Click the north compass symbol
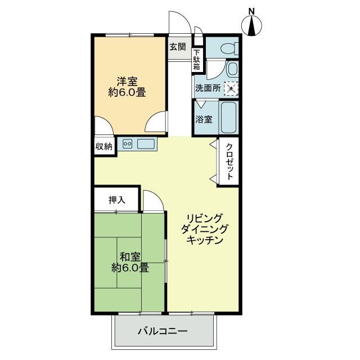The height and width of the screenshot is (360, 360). point(252,25)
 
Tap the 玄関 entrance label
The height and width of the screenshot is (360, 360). point(178,47)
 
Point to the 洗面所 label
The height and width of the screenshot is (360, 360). point(208,88)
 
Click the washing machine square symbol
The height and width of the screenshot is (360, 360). point(230,88)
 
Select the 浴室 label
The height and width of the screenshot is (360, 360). point(204,119)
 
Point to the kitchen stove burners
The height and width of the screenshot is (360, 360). point(127,144)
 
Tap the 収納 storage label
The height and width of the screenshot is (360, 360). point(103,146)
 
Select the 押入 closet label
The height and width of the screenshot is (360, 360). point(116,200)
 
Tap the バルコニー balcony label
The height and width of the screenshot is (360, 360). point(163,331)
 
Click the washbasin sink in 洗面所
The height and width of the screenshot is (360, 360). point(232,69)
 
